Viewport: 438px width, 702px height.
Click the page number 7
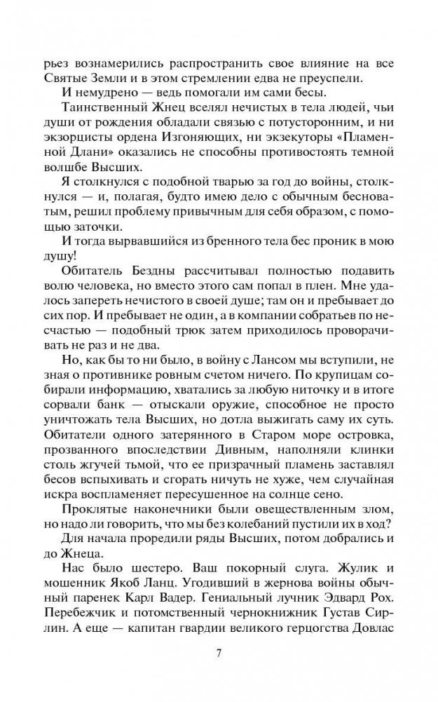click(219, 655)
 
